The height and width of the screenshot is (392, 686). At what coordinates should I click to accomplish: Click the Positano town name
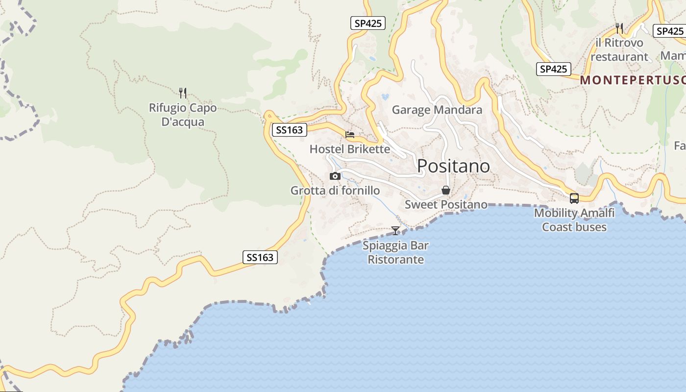click(453, 167)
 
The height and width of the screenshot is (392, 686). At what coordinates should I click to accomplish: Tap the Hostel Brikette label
click(350, 149)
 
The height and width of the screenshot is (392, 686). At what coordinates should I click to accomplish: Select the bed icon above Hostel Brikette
click(350, 135)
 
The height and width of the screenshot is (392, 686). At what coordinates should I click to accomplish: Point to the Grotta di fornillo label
click(335, 191)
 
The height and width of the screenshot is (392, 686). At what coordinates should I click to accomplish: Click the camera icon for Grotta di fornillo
click(335, 176)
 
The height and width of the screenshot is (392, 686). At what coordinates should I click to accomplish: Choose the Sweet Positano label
click(446, 204)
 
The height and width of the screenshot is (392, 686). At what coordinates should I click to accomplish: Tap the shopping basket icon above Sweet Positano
click(446, 190)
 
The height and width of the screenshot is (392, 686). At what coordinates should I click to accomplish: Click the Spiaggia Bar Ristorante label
click(396, 252)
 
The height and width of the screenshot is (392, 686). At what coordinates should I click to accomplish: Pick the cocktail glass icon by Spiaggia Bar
click(395, 230)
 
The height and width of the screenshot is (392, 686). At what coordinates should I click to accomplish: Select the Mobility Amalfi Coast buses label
click(574, 220)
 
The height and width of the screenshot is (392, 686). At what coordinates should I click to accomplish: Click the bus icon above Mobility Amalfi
click(574, 198)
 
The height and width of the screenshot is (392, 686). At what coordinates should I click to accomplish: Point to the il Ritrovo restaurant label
click(619, 49)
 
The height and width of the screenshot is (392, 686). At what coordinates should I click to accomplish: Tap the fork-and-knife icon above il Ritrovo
click(619, 28)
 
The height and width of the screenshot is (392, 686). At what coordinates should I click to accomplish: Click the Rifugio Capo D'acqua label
click(183, 115)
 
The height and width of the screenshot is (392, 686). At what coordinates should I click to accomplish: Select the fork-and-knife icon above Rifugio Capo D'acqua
click(183, 93)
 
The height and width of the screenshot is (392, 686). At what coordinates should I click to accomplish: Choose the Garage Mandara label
click(437, 110)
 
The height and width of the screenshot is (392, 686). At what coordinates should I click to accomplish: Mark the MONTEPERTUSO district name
click(633, 80)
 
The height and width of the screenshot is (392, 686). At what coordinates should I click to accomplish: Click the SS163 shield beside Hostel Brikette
click(289, 130)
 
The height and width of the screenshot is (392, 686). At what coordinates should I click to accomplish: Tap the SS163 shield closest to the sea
click(260, 257)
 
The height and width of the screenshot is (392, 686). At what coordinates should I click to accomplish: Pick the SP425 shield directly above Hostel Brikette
click(368, 23)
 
